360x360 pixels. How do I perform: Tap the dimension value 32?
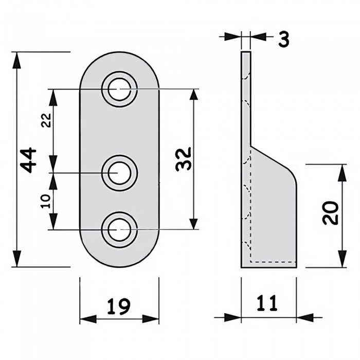tap(184, 159)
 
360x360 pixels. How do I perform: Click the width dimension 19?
tap(119, 307)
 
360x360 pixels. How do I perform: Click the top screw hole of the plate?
tap(119, 88)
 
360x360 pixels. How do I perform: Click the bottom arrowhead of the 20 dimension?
tap(340, 262)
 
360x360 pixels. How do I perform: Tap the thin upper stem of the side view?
tap(246, 98)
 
